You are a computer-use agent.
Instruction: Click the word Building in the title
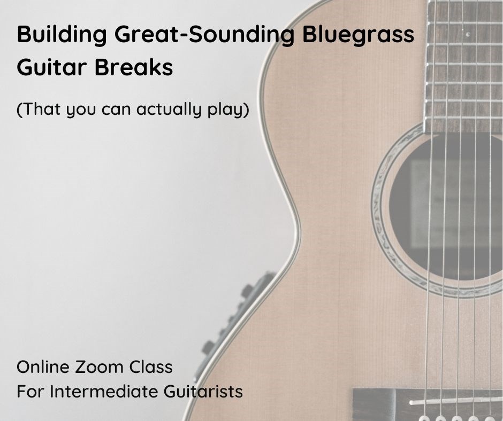(62, 35)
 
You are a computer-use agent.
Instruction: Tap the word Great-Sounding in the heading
(204, 35)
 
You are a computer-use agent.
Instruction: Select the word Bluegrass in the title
(359, 35)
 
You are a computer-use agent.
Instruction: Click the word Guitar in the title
(52, 67)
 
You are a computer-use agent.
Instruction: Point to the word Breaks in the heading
(134, 67)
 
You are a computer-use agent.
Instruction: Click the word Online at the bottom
(43, 367)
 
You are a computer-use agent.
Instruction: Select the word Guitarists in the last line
(203, 391)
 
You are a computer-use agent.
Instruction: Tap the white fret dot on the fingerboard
(468, 34)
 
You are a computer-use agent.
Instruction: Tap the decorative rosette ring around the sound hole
(378, 208)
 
